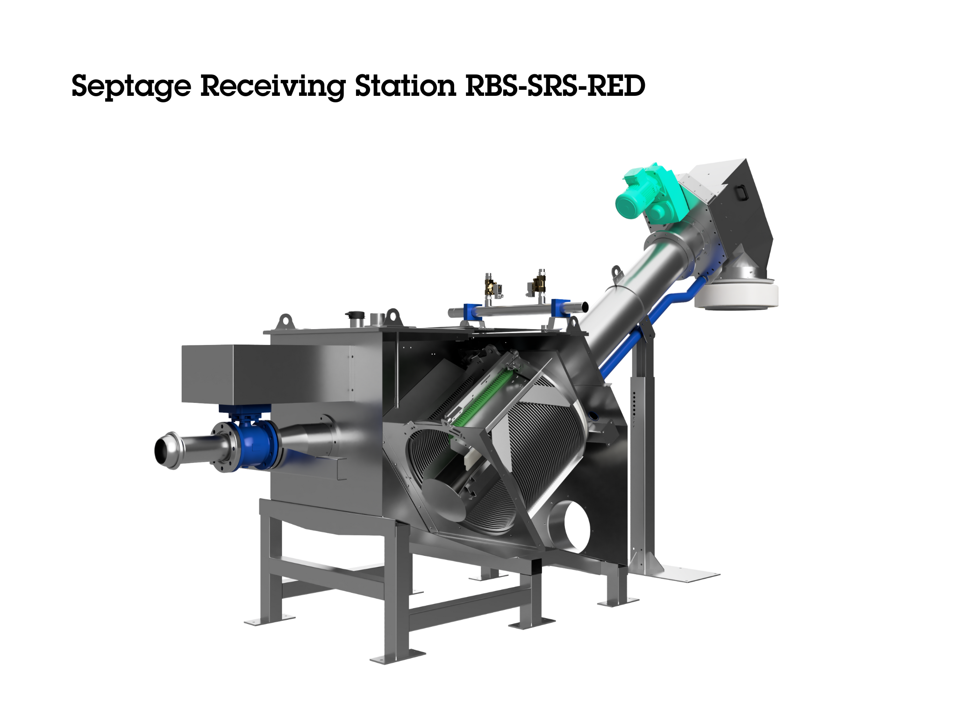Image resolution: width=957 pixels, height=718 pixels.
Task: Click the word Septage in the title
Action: (x=131, y=86)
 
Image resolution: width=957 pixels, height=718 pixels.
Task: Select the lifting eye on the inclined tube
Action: (x=617, y=271)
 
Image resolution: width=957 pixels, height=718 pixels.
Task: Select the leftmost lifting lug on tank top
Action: (x=285, y=322)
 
